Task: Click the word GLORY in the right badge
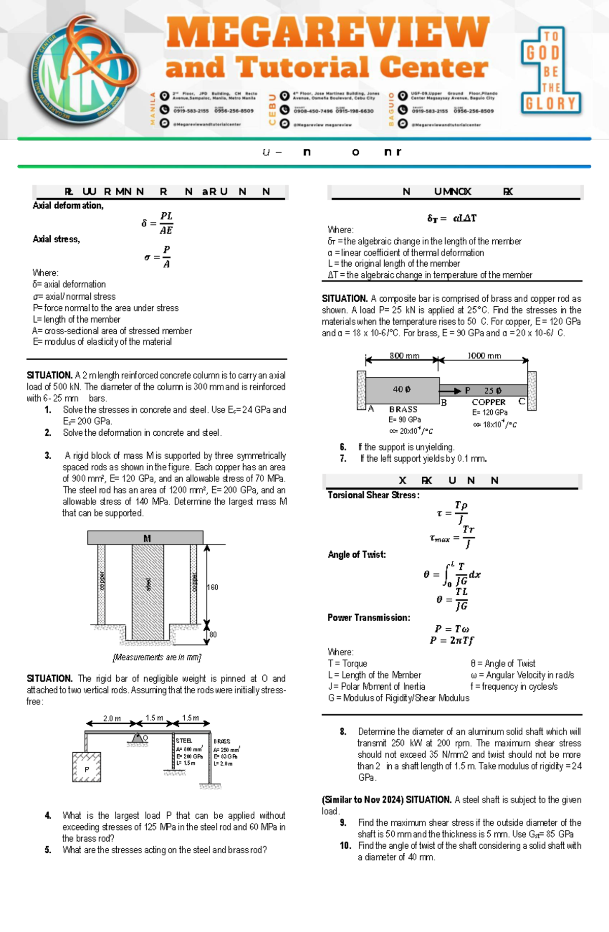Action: click(550, 104)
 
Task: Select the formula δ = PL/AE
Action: click(158, 223)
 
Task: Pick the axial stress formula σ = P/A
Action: click(158, 257)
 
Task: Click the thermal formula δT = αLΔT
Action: click(452, 218)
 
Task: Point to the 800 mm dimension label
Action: click(404, 356)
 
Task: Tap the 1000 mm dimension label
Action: click(484, 356)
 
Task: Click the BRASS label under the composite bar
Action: click(403, 409)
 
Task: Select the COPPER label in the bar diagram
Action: click(488, 402)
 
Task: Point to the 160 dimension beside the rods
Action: click(213, 587)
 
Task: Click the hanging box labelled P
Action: click(87, 767)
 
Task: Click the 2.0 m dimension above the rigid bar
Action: click(112, 719)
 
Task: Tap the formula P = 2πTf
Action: click(452, 641)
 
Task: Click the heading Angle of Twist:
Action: click(357, 555)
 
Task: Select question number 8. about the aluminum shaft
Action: click(344, 732)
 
